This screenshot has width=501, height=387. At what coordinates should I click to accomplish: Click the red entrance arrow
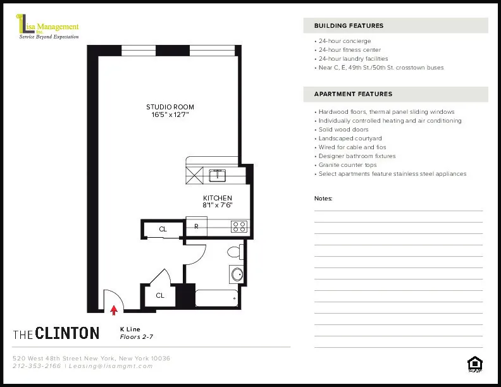click(x=114, y=309)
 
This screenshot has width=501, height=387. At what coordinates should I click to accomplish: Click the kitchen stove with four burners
click(x=239, y=225)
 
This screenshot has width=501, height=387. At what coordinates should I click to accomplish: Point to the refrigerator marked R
click(x=196, y=226)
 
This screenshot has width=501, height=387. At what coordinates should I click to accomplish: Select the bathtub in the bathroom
click(x=217, y=298)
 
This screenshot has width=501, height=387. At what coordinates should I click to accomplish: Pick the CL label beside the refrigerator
click(x=163, y=229)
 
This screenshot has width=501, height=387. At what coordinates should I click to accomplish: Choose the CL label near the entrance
click(x=160, y=295)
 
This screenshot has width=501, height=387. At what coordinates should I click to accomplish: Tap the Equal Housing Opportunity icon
click(x=474, y=364)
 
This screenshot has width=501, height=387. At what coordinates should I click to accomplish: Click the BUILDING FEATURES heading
click(x=349, y=26)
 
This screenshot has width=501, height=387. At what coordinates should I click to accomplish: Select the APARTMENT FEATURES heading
click(x=353, y=94)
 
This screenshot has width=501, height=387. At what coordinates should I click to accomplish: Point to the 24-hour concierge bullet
click(x=345, y=41)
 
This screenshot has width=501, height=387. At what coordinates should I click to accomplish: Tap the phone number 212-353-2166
click(x=37, y=366)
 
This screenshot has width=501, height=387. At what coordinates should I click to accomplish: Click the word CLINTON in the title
click(x=68, y=333)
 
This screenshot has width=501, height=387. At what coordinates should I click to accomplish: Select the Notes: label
click(x=323, y=199)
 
